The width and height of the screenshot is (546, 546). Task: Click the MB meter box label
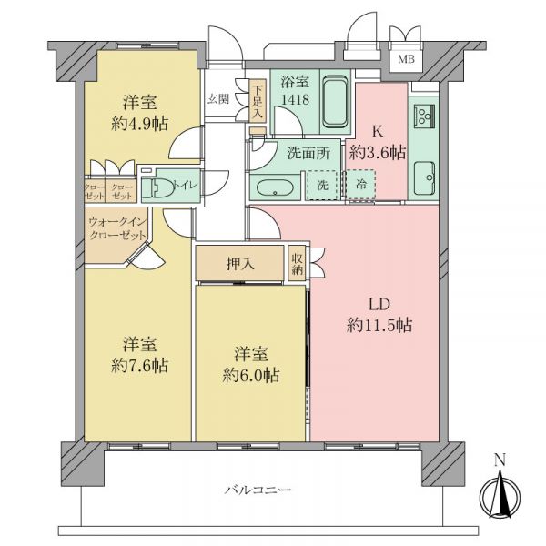pos(407,59)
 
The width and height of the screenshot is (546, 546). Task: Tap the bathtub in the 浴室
pos(335,103)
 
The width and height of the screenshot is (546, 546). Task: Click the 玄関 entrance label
pos(218,99)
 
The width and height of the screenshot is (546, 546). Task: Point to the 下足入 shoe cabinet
pos(258,101)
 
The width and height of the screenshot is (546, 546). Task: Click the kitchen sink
pos(424,178)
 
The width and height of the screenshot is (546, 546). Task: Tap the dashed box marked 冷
pos(360,185)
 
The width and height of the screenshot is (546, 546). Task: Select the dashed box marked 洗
pos(322,186)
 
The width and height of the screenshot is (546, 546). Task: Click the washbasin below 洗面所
pos(275,188)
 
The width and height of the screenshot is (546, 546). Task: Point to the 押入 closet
pos(239,263)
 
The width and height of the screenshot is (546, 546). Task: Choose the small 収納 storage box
pos(297,263)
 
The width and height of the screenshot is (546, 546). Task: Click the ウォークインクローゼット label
pos(117,228)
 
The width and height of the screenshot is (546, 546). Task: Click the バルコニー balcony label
pos(258,490)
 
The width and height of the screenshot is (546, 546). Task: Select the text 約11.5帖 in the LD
pos(379,326)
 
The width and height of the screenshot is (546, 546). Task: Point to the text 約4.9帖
pos(139,123)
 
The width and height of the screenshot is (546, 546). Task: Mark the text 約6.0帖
pos(251,375)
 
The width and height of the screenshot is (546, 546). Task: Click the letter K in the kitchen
pos(379,132)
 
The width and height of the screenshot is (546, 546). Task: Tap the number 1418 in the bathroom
pos(295,100)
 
